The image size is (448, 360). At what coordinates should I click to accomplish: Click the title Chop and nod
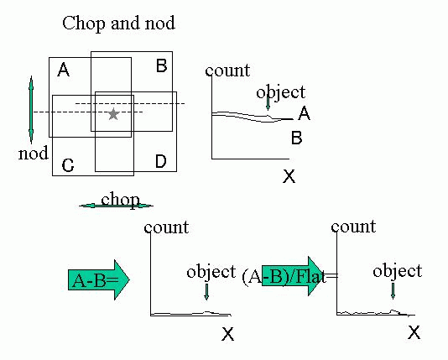[x=118, y=23]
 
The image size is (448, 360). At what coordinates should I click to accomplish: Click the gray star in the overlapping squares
[x=114, y=114]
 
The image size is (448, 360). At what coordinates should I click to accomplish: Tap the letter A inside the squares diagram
[x=64, y=70]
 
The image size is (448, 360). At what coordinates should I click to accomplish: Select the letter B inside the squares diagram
[x=162, y=65]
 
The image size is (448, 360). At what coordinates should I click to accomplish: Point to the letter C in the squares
[x=68, y=165]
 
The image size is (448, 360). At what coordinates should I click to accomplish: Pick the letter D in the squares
[x=161, y=161]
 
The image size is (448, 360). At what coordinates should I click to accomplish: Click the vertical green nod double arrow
[x=31, y=110]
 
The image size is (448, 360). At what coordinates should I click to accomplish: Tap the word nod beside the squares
[x=34, y=154]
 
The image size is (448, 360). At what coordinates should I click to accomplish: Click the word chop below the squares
[x=120, y=200]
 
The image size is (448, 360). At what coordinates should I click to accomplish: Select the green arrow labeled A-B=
[x=99, y=280]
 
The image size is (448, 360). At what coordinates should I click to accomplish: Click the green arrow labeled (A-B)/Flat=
[x=291, y=276]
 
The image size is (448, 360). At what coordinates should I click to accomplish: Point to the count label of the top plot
[x=227, y=70]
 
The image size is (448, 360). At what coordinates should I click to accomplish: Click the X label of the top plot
[x=289, y=176]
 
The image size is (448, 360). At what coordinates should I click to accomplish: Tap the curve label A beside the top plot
[x=304, y=113]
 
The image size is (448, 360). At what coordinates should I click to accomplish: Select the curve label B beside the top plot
[x=297, y=138]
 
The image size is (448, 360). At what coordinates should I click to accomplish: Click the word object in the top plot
[x=281, y=92]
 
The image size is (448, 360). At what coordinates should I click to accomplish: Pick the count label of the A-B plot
[x=166, y=227]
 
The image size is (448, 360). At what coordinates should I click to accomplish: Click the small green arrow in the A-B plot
[x=206, y=292]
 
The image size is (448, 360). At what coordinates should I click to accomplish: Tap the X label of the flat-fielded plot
[x=414, y=332]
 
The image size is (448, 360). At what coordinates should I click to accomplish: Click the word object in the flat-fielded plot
[x=398, y=271]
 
